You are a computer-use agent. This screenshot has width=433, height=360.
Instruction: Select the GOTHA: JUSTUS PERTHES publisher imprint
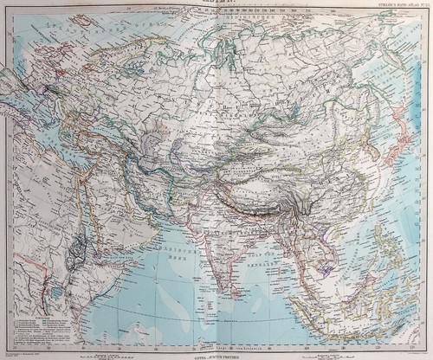(216, 351)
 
